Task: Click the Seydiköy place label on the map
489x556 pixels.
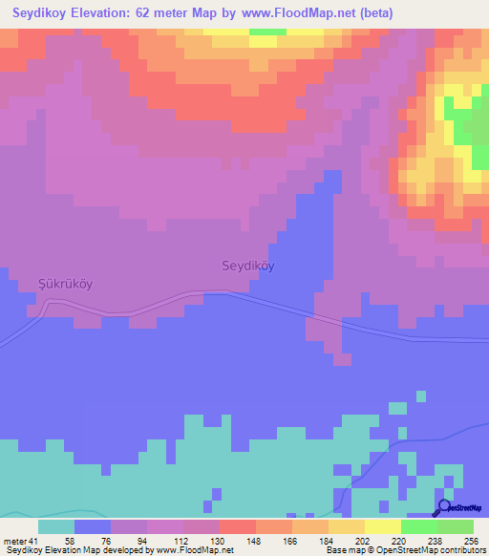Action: tap(247, 267)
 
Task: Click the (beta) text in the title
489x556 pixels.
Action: tap(372, 13)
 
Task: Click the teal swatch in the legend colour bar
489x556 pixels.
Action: tap(56, 526)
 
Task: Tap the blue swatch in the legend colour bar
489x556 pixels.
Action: tap(93, 526)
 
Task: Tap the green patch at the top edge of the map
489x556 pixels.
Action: tap(267, 32)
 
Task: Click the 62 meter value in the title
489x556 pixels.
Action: tap(170, 13)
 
